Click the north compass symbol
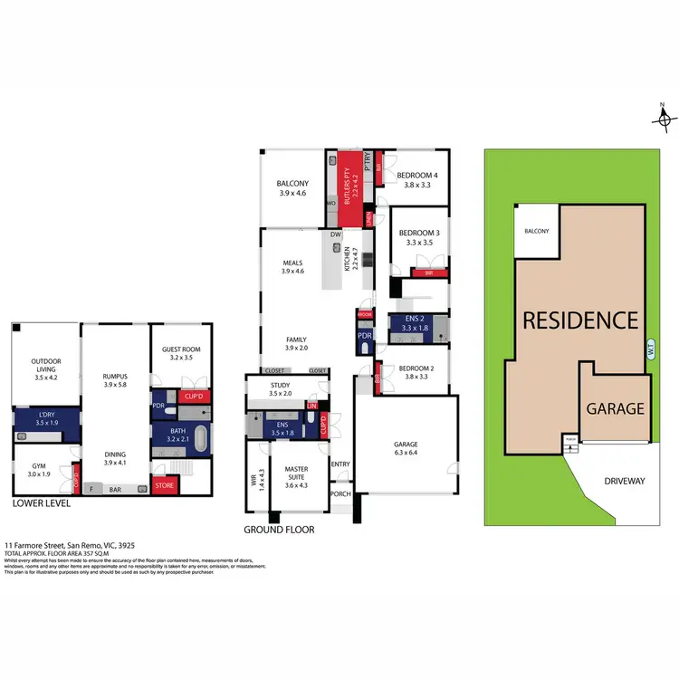pos(664,118)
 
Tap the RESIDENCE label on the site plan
pos(578,320)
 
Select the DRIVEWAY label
pos(624,481)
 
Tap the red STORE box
pos(165,486)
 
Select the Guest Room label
pos(181,353)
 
